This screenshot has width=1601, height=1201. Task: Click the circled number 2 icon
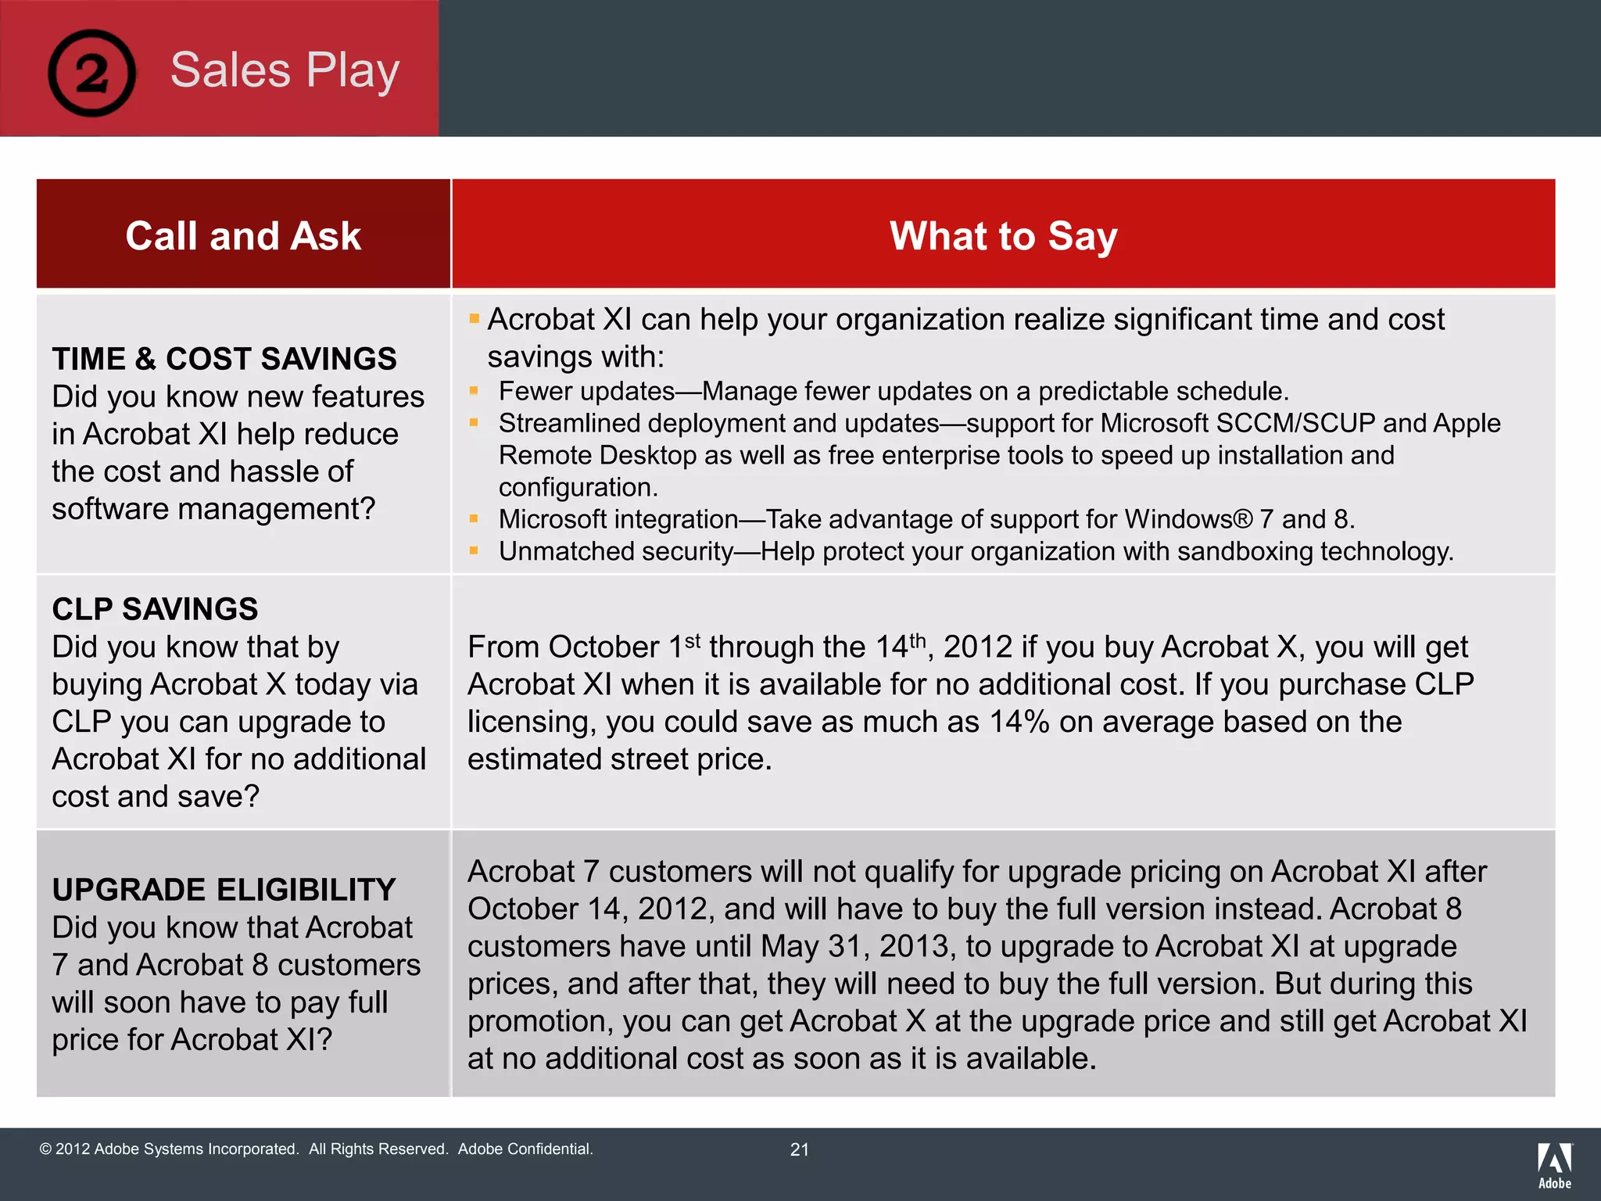[x=91, y=73]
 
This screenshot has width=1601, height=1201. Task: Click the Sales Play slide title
[x=285, y=70]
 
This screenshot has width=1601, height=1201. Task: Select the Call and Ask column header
[x=243, y=236]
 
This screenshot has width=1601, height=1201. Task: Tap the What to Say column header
[x=1003, y=236]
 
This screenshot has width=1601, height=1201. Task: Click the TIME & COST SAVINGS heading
[x=224, y=359]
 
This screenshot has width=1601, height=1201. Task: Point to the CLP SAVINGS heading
[x=155, y=609]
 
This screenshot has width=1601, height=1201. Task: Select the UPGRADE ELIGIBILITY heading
[x=224, y=890]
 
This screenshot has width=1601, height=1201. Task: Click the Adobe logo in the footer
[x=1554, y=1166]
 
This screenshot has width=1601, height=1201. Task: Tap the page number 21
[x=799, y=1149]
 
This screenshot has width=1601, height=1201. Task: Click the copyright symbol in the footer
[x=45, y=1149]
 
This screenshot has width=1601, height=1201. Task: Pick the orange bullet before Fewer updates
[x=474, y=390]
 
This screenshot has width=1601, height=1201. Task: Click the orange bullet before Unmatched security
[x=474, y=550]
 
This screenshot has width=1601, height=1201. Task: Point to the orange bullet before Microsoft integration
[x=474, y=518]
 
